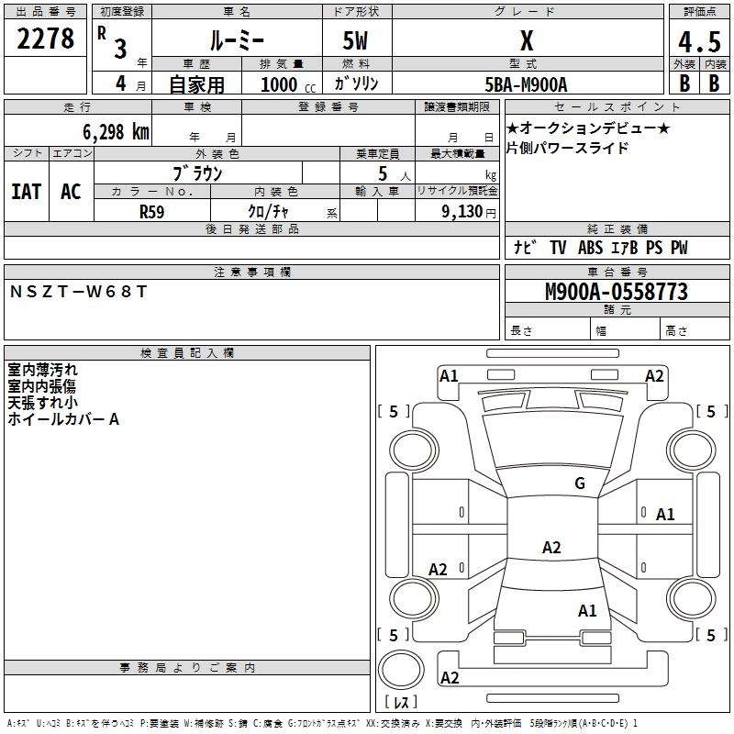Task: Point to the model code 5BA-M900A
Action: point(527,83)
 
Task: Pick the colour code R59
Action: point(152,210)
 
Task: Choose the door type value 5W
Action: point(356,41)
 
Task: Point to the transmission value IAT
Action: point(27,191)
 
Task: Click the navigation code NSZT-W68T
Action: point(78,291)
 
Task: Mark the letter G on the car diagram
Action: point(579,483)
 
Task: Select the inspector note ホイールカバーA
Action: point(63,419)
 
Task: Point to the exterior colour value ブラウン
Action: point(197,172)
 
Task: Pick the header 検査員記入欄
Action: point(187,352)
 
